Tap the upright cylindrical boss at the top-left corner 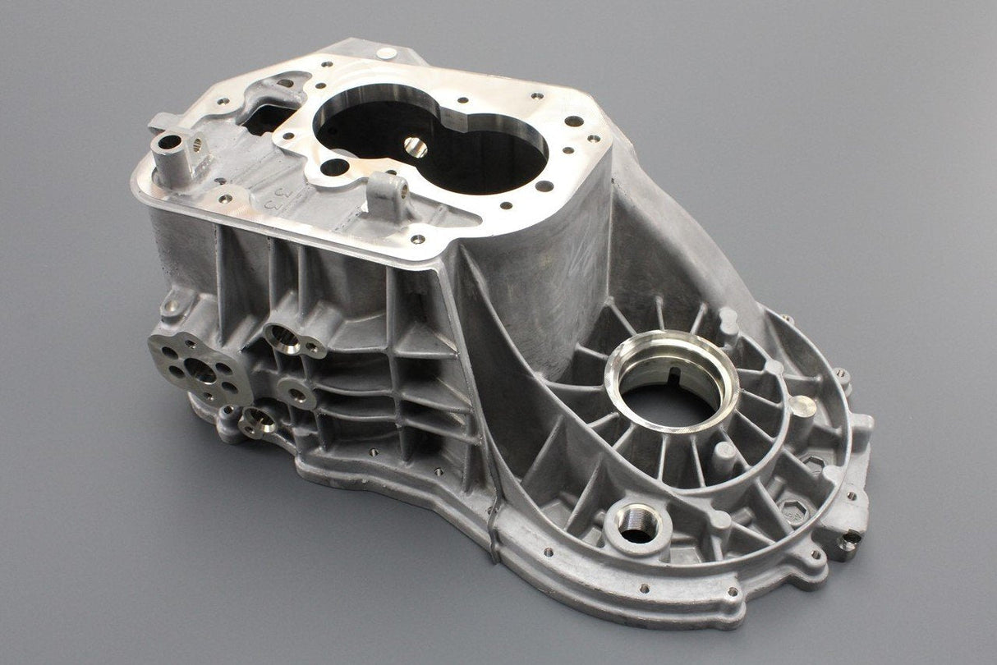coord(171,150)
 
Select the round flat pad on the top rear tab coord(385,53)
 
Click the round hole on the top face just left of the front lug coord(334,167)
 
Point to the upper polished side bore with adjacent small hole coord(285,337)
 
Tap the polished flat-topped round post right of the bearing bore coord(802,406)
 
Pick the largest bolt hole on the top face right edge coord(573,122)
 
